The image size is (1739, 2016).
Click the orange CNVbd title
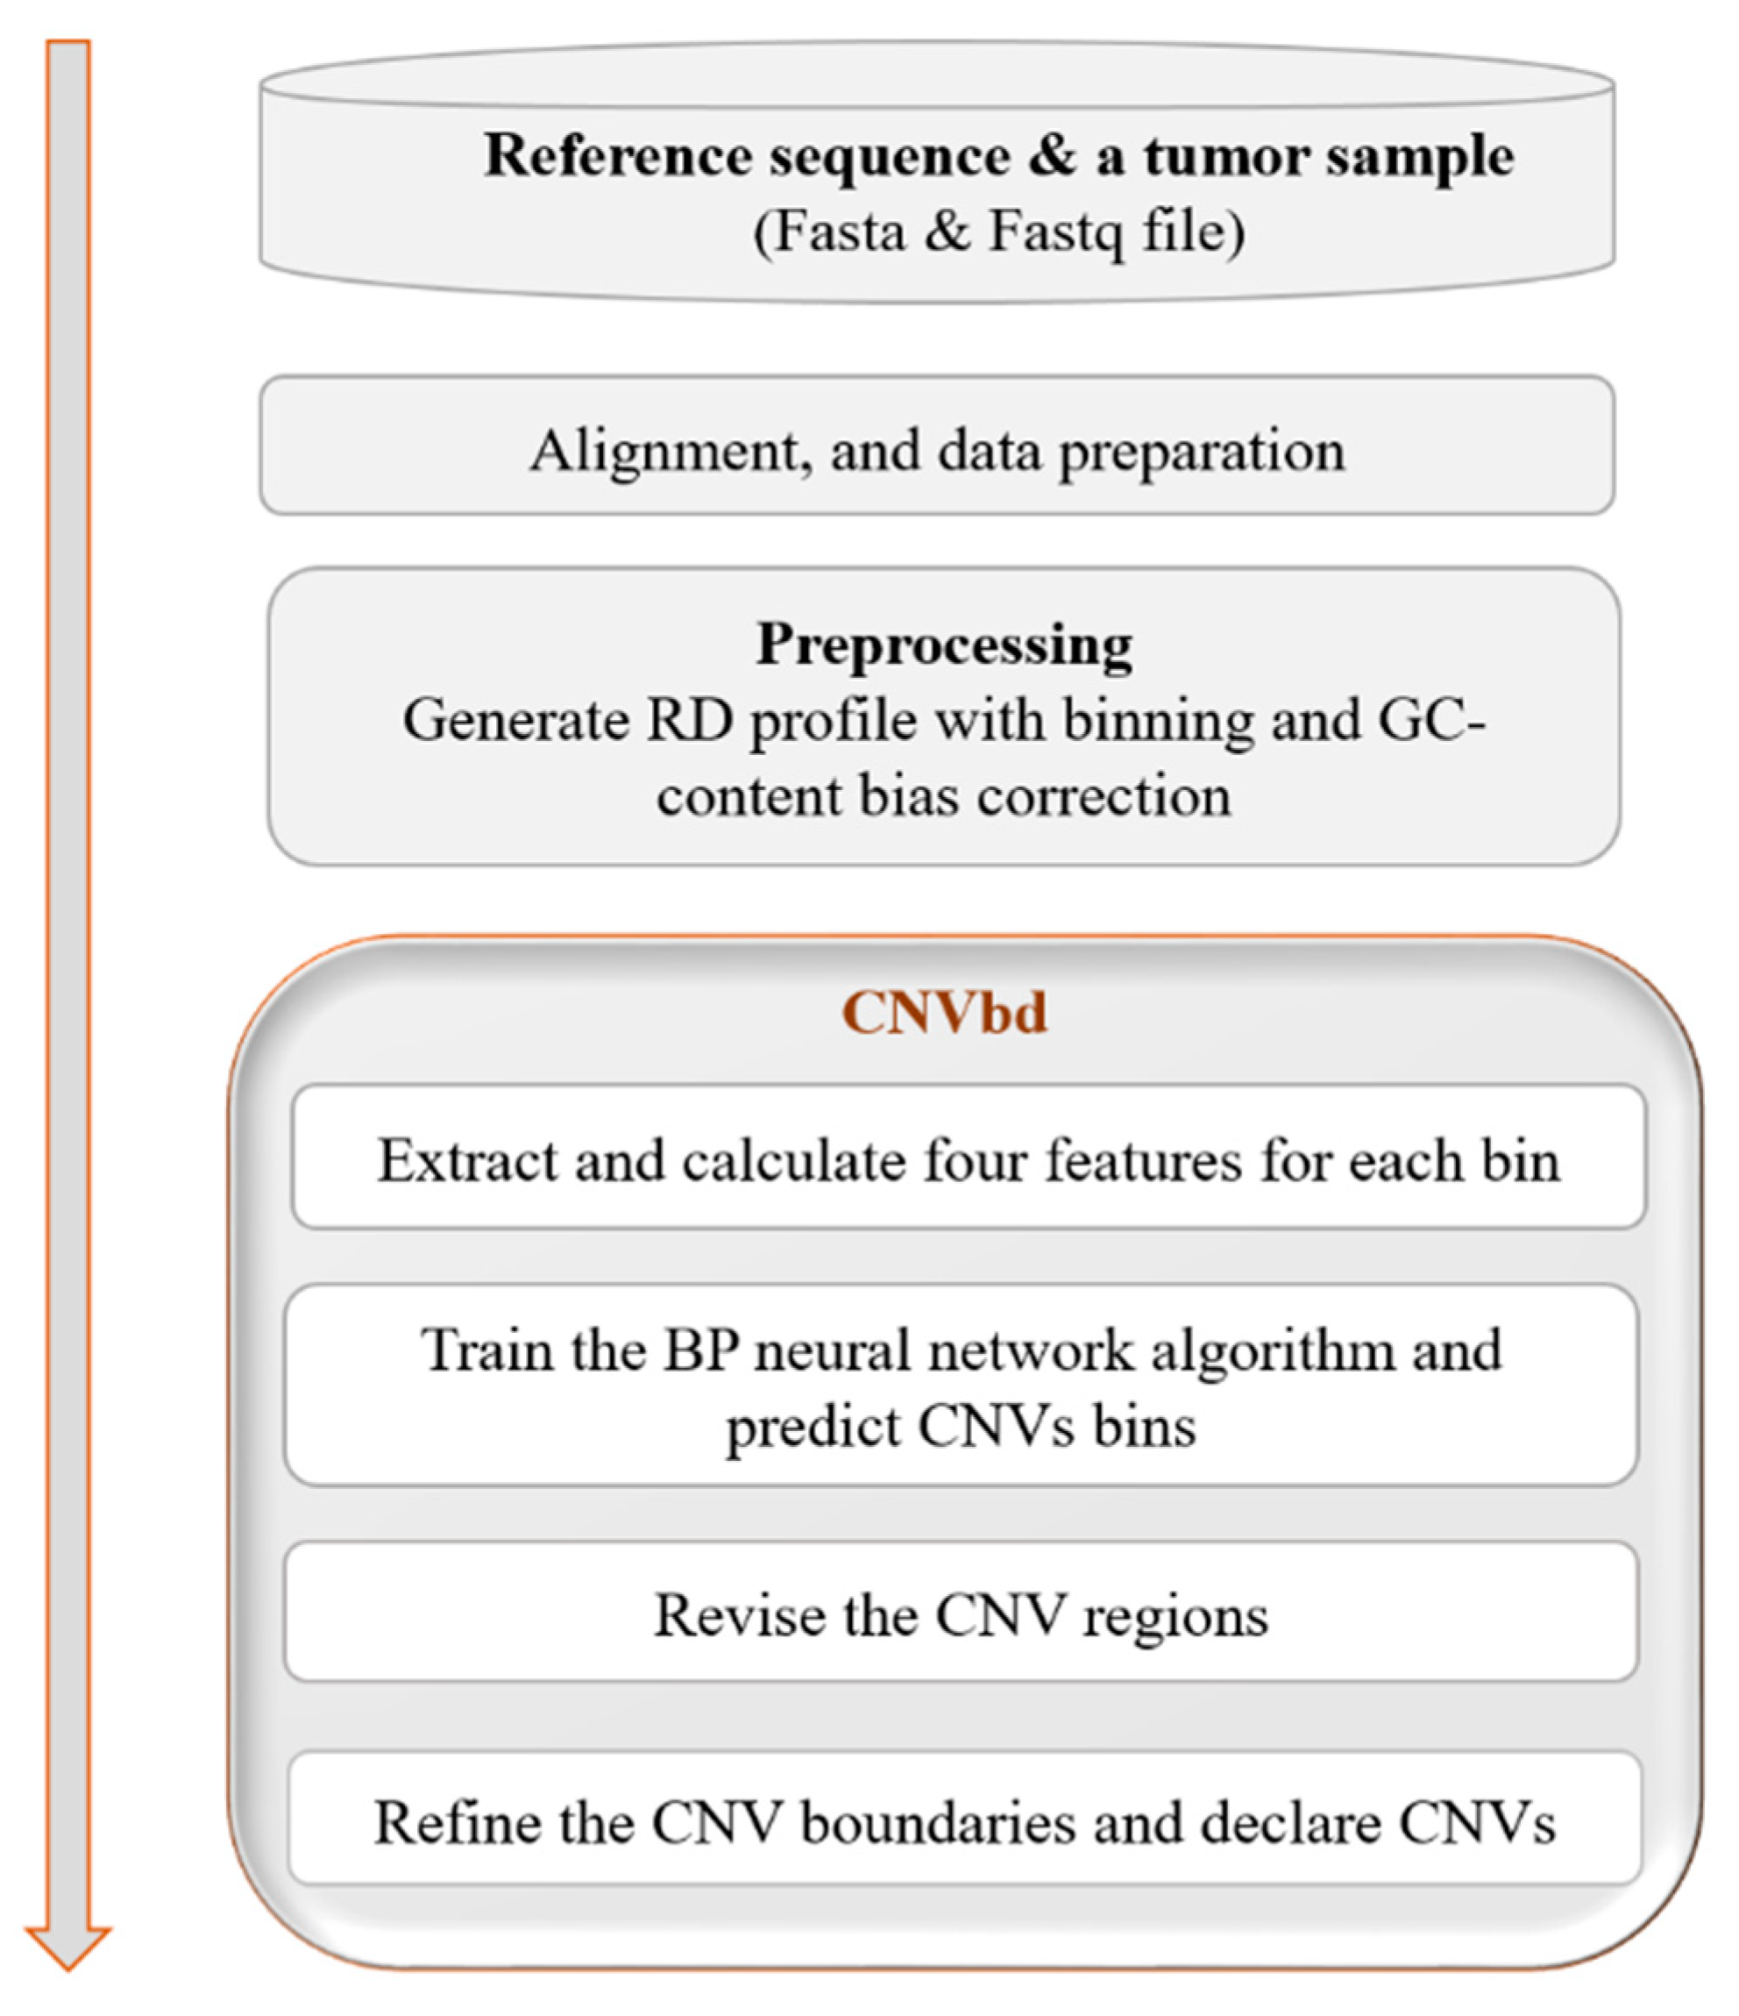point(944,1013)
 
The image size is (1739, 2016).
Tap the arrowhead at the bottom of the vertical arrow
point(68,1946)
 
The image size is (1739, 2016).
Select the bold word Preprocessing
point(944,645)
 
